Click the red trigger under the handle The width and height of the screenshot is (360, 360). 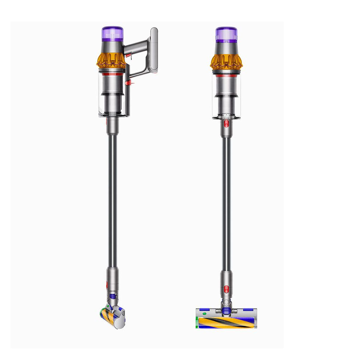point(128,55)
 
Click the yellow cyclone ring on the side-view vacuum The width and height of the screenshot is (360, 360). point(111,60)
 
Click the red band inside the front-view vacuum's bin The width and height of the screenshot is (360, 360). point(226,76)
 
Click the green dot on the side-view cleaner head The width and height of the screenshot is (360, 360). point(104,313)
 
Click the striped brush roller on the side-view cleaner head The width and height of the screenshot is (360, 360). point(105,321)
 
